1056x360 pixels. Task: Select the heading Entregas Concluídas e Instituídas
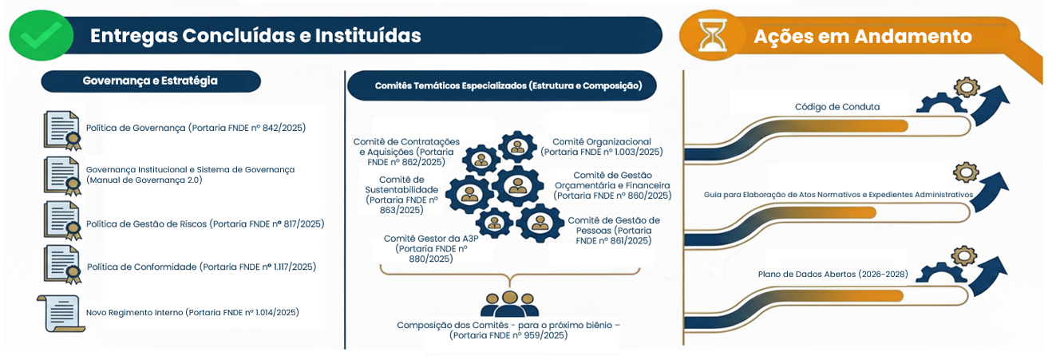(255, 36)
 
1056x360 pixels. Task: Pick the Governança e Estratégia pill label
(150, 81)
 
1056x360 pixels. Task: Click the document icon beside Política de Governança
(62, 130)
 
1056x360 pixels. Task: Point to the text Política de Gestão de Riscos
(205, 224)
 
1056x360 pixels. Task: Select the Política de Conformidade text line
(201, 267)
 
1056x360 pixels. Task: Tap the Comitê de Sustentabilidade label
(402, 195)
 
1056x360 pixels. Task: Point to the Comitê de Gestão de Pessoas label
(614, 230)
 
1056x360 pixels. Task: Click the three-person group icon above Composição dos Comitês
(509, 303)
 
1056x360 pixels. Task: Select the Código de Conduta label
(837, 106)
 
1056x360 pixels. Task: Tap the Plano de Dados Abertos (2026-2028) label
(833, 275)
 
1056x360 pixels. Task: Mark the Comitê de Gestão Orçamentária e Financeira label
(612, 185)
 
